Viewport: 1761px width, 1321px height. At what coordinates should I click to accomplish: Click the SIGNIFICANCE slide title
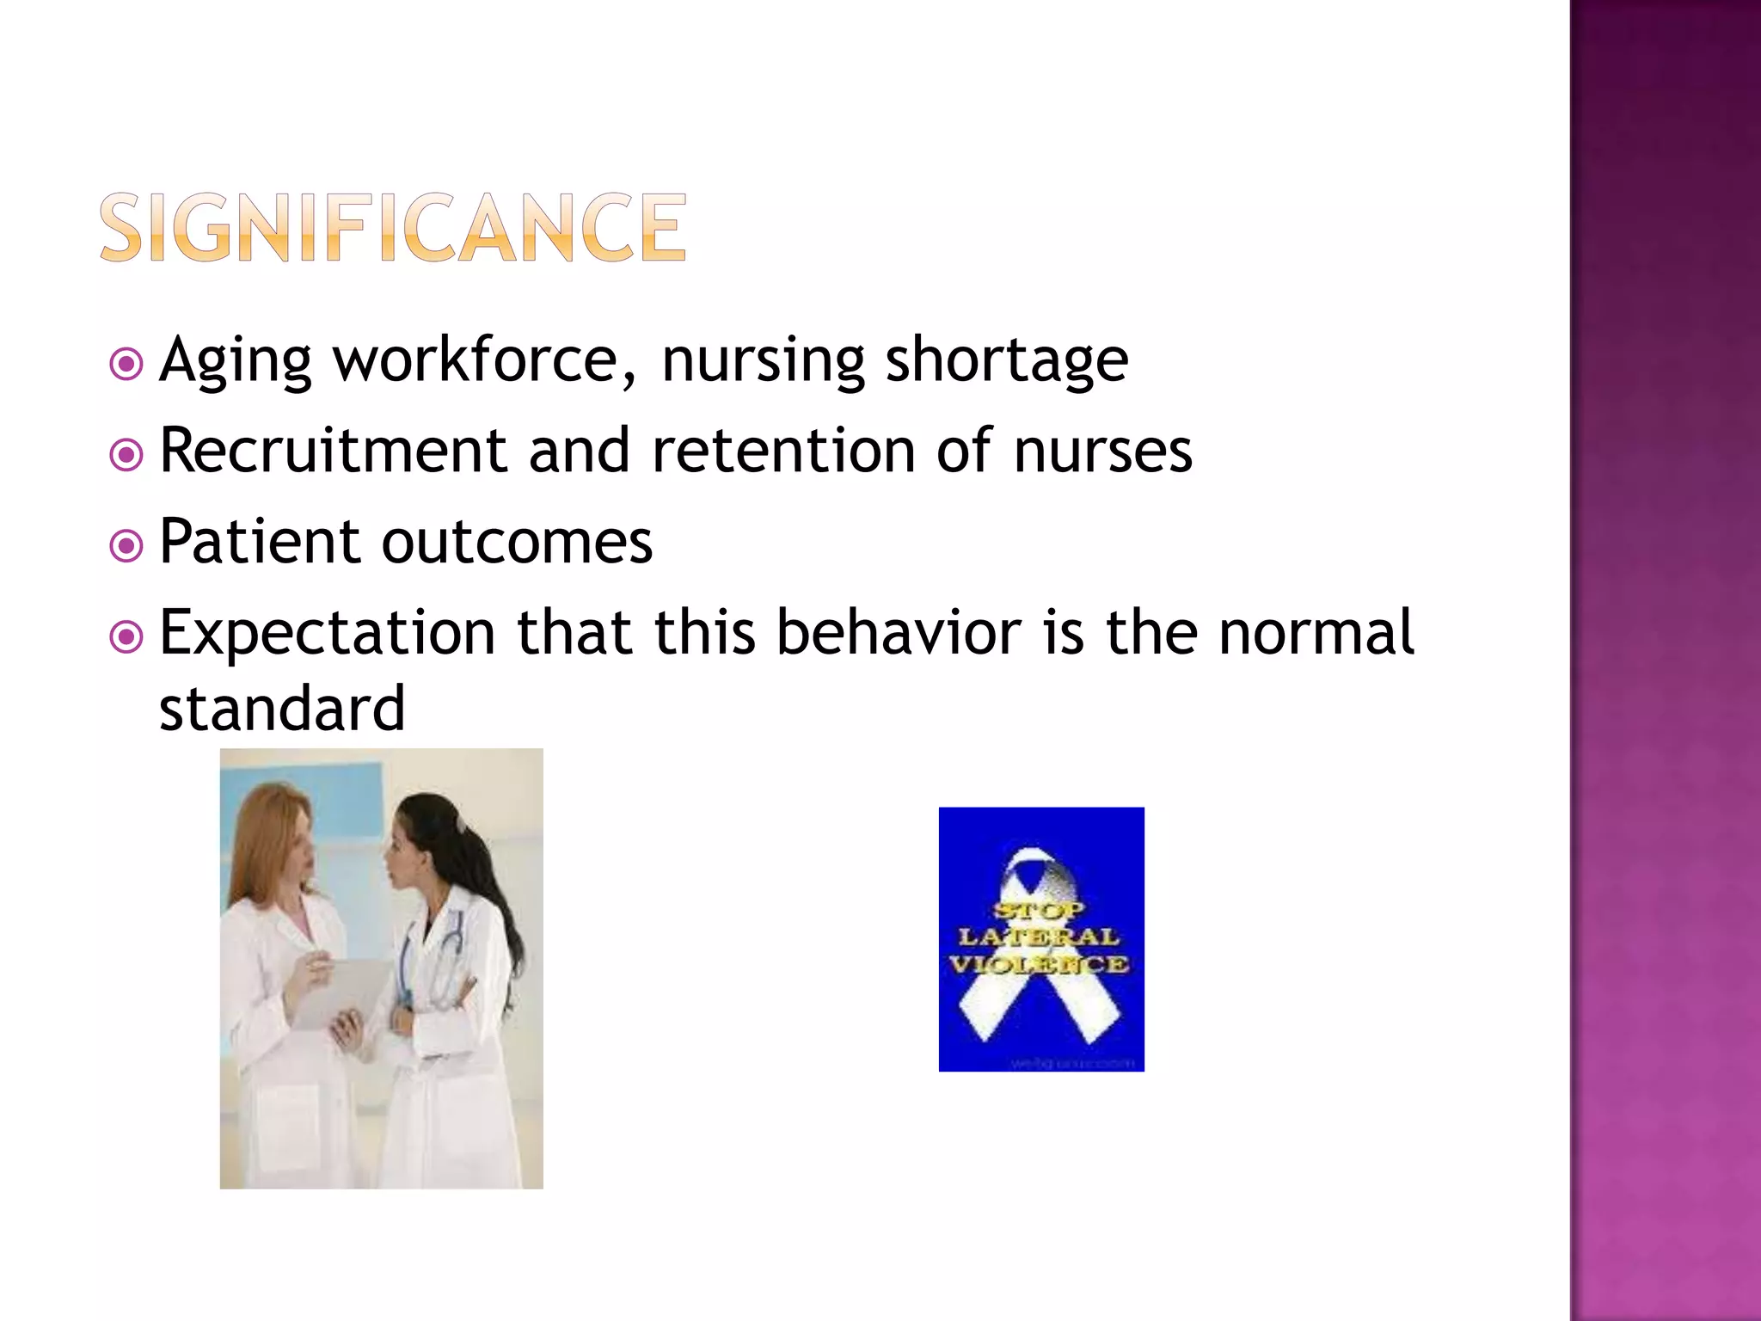[x=393, y=227]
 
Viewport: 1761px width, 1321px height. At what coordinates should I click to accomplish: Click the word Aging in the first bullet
[x=235, y=361]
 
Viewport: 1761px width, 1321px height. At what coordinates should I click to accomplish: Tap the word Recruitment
[x=334, y=451]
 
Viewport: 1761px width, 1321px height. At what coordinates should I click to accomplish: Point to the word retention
[x=783, y=451]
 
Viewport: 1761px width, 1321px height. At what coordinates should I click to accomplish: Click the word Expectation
[x=327, y=633]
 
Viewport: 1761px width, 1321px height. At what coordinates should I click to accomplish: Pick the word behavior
[x=899, y=633]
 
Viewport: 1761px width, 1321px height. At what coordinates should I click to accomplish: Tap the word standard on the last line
[x=282, y=709]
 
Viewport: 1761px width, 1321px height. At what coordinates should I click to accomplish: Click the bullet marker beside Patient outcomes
[x=127, y=545]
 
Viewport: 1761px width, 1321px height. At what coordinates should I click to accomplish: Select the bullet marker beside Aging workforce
[x=127, y=365]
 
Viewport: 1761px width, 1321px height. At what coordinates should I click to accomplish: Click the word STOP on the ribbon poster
[x=1040, y=909]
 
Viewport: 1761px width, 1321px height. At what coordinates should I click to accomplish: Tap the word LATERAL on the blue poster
[x=1040, y=936]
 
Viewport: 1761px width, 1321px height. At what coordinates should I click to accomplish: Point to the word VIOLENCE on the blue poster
[x=1040, y=963]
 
